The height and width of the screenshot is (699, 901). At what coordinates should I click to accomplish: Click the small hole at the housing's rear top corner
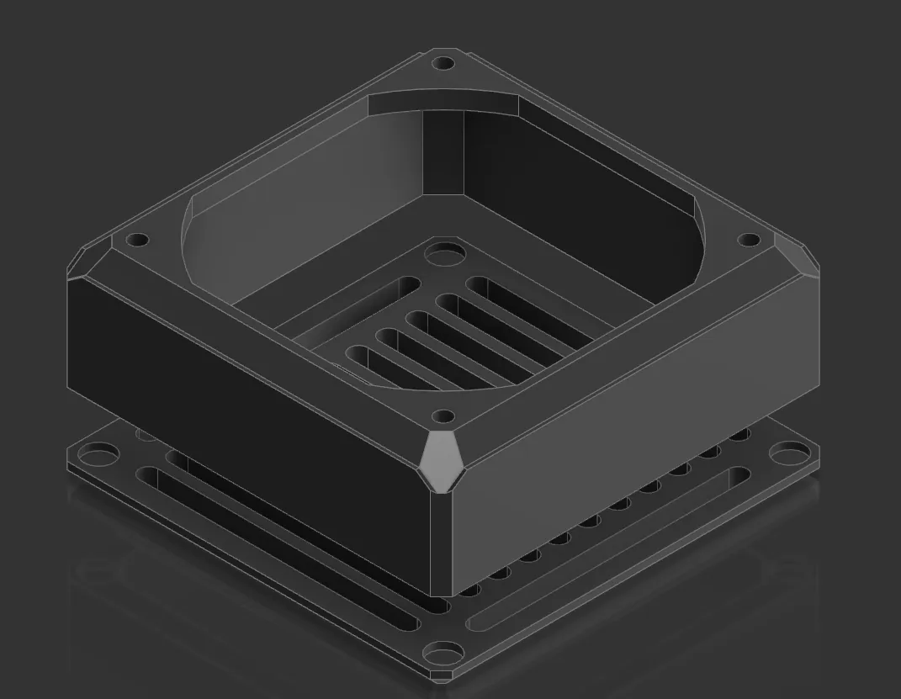tap(443, 63)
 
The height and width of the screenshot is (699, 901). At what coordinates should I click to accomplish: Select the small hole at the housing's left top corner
tap(137, 241)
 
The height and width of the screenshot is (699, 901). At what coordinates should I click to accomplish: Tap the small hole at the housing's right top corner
tap(748, 241)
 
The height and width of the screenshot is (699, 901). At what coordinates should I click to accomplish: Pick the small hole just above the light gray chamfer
tap(443, 416)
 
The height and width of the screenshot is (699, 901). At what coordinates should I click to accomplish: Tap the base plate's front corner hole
tap(443, 654)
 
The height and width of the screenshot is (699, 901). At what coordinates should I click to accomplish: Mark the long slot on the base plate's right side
tap(606, 547)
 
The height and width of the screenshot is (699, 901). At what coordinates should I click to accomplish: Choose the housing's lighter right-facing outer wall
tap(631, 421)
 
